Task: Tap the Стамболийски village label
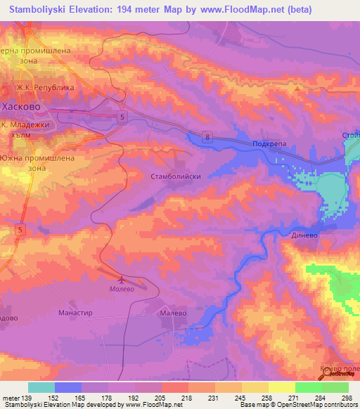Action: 176,177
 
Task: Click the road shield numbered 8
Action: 208,138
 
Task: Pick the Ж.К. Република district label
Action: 46,88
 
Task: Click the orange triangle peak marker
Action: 298,89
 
